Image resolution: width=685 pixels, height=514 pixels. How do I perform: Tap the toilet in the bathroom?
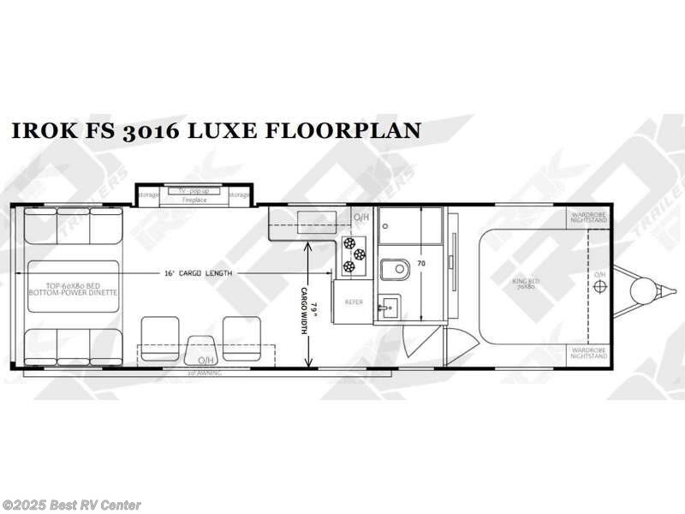(395, 270)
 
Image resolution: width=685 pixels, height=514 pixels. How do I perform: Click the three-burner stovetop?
(354, 255)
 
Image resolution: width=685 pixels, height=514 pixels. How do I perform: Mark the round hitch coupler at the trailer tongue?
(640, 291)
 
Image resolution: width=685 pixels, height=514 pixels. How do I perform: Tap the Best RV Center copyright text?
(72, 505)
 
